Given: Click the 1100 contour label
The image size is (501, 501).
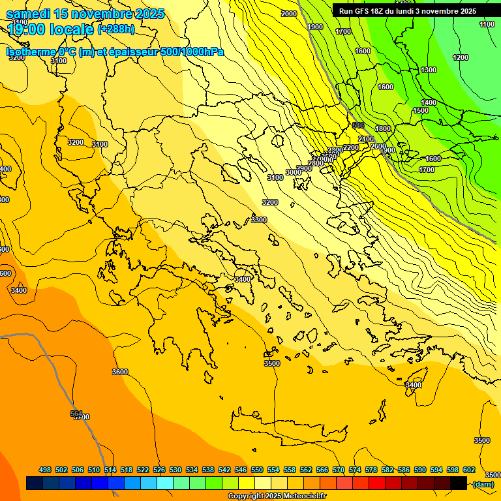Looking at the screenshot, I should pyautogui.click(x=487, y=24).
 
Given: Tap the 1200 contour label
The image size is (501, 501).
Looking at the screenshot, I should pyautogui.click(x=461, y=57).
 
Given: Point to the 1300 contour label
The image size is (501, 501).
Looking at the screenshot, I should pyautogui.click(x=429, y=70).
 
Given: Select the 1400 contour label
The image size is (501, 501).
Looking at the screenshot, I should pyautogui.click(x=429, y=102).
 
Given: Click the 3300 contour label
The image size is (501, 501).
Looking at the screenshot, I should pyautogui.click(x=259, y=220).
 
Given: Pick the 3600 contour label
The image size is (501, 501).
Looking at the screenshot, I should pyautogui.click(x=120, y=372).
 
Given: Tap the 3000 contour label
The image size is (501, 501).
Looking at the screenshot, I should pyautogui.click(x=294, y=172).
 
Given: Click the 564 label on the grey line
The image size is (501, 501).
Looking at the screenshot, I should pyautogui.click(x=77, y=414).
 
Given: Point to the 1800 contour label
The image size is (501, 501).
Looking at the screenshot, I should pyautogui.click(x=383, y=129).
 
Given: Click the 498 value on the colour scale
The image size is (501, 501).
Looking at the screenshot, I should pyautogui.click(x=45, y=470).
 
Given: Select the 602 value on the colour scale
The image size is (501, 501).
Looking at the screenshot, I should pyautogui.click(x=468, y=470).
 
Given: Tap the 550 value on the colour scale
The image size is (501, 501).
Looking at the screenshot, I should pyautogui.click(x=257, y=470).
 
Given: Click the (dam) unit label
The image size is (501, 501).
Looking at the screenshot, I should pyautogui.click(x=483, y=483).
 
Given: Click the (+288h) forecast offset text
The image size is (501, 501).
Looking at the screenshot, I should pyautogui.click(x=117, y=29).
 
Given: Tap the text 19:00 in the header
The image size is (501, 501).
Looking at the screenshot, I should pyautogui.click(x=28, y=29).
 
